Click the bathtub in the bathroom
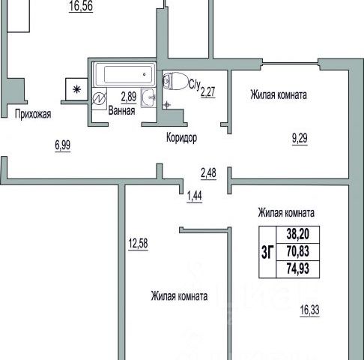[124, 74]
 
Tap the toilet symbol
[175, 81]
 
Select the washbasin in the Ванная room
[148, 97]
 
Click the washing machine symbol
[100, 98]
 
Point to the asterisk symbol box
[76, 89]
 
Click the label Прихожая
[33, 114]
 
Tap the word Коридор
[181, 137]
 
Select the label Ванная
[121, 111]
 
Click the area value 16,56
[81, 6]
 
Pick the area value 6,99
[63, 145]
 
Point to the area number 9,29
[300, 138]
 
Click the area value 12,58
[138, 244]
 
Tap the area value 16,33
[309, 310]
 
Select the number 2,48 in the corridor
[208, 173]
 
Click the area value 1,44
[195, 196]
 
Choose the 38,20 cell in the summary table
[298, 234]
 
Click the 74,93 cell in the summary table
[298, 268]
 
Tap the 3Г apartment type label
[267, 252]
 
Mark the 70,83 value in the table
[298, 251]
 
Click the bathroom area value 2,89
[129, 97]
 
